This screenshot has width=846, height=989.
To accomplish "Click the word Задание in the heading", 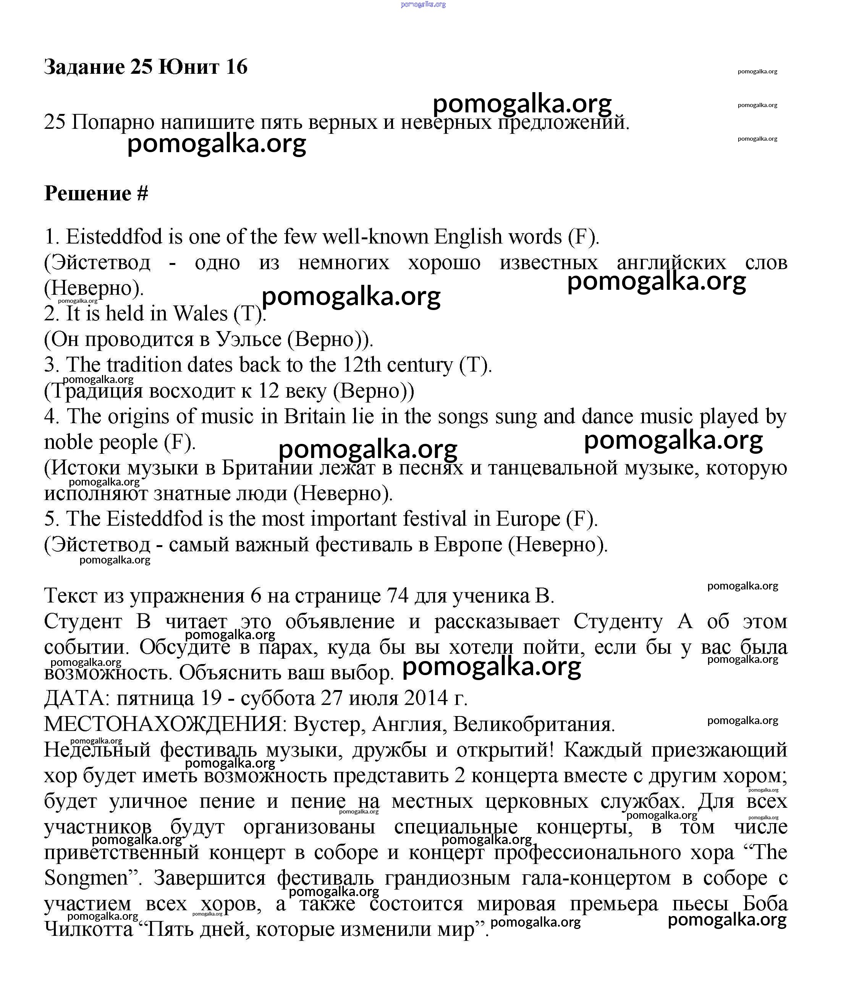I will tap(84, 67).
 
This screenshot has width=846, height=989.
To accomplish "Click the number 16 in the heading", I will tap(236, 67).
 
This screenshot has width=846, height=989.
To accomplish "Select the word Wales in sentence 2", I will tap(200, 313).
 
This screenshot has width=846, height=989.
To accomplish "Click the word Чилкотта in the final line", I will tap(89, 929).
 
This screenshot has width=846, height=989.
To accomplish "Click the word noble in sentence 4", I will tap(68, 442).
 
